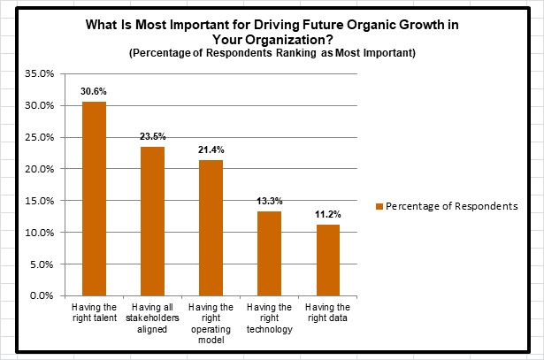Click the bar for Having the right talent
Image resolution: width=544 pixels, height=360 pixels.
point(94,199)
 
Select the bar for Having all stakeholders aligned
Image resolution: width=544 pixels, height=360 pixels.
point(152,221)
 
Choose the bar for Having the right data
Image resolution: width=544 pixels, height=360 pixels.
point(327,260)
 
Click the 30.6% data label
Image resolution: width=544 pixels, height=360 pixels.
point(94,91)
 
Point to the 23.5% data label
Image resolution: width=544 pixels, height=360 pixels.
point(152,136)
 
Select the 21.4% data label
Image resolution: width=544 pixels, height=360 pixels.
point(211,149)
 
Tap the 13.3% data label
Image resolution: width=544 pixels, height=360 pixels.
point(269,201)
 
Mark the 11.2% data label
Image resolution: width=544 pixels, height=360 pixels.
point(327,214)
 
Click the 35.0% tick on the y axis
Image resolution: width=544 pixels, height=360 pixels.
point(43,73)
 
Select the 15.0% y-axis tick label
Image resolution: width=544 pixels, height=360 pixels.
point(43,201)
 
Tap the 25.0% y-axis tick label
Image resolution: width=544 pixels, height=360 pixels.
point(43,137)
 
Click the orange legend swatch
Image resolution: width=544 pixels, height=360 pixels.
point(379,206)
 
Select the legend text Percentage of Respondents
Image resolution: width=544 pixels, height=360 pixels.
point(451,206)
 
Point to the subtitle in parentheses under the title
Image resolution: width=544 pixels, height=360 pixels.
point(272,54)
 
